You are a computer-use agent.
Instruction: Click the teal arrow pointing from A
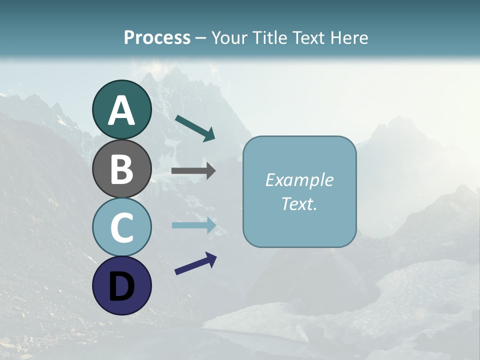(194, 127)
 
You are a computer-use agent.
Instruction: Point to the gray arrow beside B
(193, 171)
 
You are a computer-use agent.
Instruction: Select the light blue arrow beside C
(193, 225)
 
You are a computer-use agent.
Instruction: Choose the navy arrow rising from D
(195, 263)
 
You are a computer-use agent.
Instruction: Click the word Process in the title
(157, 37)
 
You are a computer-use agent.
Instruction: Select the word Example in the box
(299, 180)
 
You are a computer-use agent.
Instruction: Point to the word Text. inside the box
(299, 203)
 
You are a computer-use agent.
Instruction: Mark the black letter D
(121, 286)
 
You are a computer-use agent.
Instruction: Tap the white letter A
(121, 110)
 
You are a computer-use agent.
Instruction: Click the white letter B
(121, 168)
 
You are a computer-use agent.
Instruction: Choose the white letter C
(121, 227)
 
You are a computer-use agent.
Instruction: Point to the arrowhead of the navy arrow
(211, 258)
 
